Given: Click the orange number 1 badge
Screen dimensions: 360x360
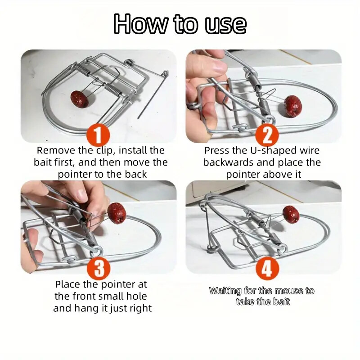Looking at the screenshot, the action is click(98, 135).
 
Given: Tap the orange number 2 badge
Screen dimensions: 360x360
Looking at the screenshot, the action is click(267, 135).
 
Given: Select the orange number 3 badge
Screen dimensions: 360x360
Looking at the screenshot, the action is click(99, 268).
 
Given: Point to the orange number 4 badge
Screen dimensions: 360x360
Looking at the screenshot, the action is click(267, 268).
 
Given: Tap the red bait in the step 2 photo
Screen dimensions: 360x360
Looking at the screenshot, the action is click(293, 105).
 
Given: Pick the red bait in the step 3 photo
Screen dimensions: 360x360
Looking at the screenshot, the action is click(117, 213).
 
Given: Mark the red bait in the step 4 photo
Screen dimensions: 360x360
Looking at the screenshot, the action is click(291, 214).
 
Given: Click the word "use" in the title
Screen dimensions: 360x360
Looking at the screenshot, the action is click(225, 24).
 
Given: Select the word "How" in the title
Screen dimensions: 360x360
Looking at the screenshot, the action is click(140, 24).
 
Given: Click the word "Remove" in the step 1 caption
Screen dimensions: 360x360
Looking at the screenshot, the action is click(56, 151).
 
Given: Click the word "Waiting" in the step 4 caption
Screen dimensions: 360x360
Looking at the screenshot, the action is click(225, 291).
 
